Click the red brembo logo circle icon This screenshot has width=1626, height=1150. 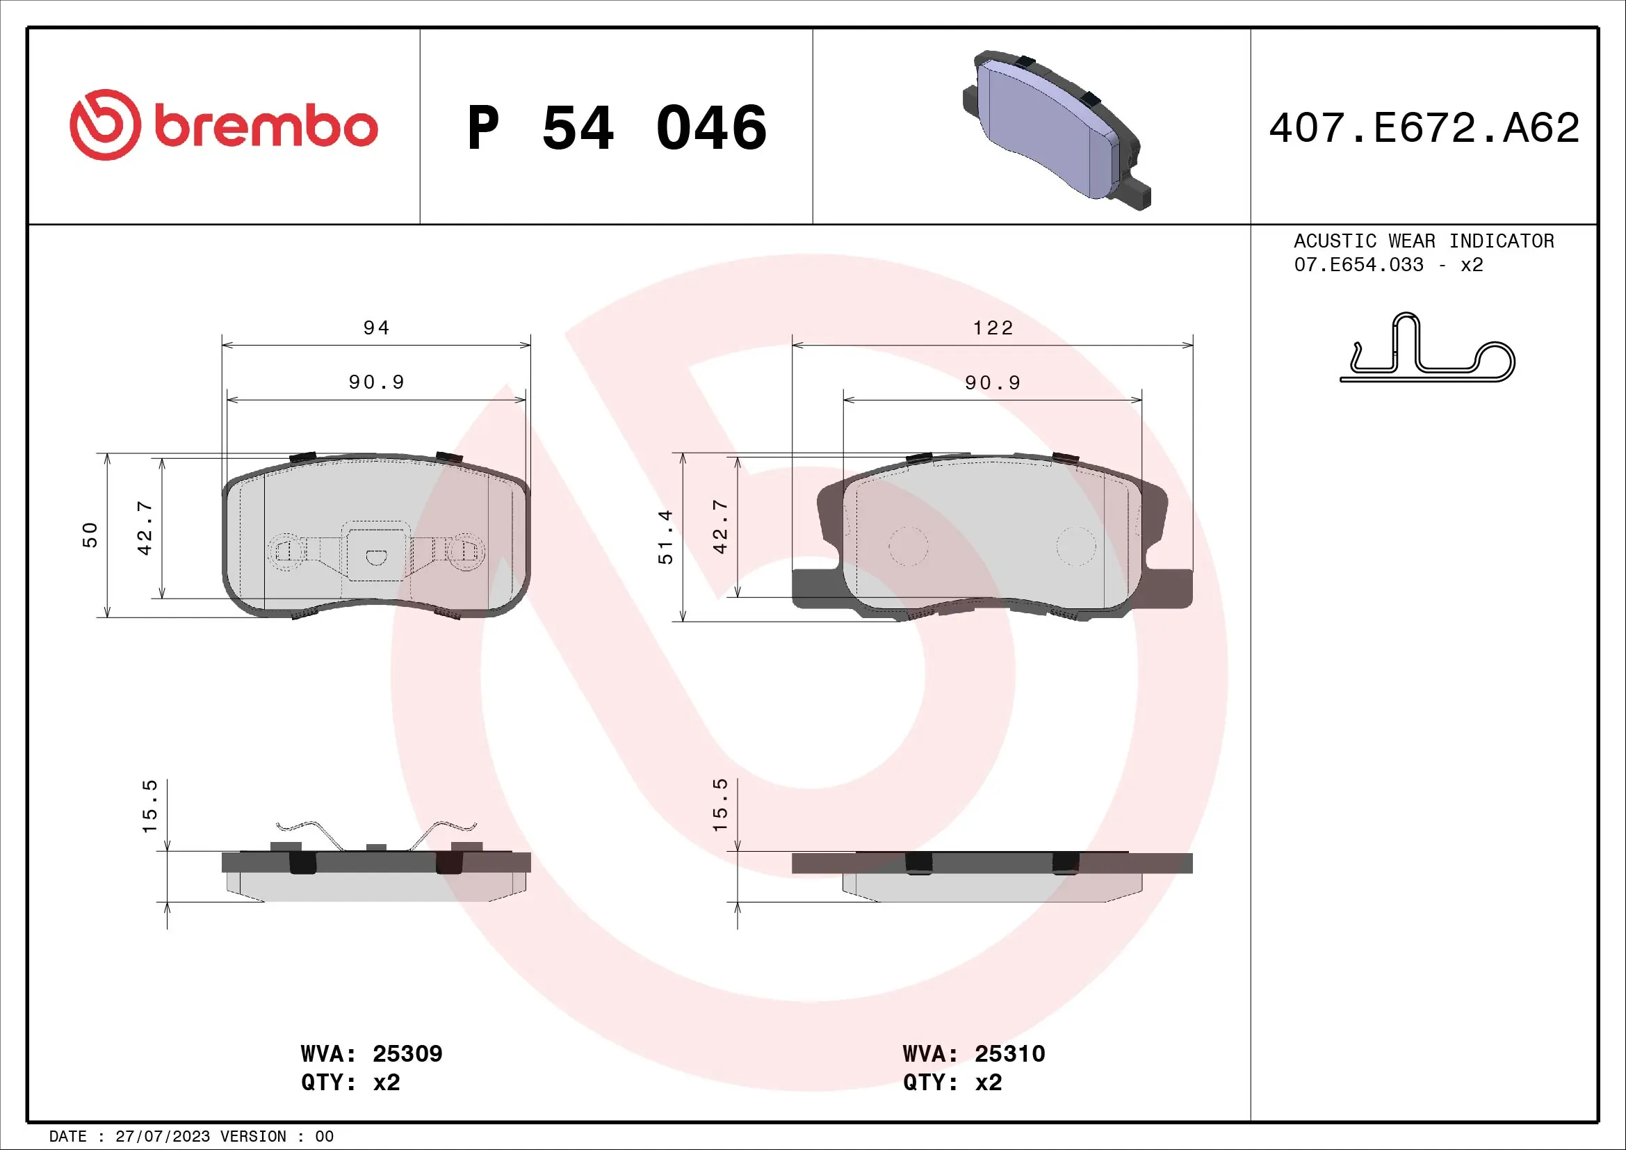pyautogui.click(x=105, y=125)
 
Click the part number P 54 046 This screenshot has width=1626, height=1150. pyautogui.click(x=616, y=128)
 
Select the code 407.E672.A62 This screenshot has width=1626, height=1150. pyautogui.click(x=1424, y=128)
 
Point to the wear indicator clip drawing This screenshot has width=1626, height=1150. pyautogui.click(x=1427, y=350)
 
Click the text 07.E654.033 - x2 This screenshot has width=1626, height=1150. pyautogui.click(x=1388, y=265)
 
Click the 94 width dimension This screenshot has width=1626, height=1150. pyautogui.click(x=376, y=328)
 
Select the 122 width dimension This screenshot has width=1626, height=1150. pyautogui.click(x=993, y=328)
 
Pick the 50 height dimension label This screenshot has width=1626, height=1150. pyautogui.click(x=90, y=535)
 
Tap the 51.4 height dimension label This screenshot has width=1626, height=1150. pyautogui.click(x=666, y=537)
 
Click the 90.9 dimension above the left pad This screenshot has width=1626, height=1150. pyautogui.click(x=376, y=382)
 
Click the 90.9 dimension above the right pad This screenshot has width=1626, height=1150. pyautogui.click(x=993, y=383)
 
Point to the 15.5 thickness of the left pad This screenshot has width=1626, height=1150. pyautogui.click(x=149, y=806)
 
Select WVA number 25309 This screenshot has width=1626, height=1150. pyautogui.click(x=407, y=1053)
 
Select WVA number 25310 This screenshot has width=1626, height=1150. pyautogui.click(x=1009, y=1053)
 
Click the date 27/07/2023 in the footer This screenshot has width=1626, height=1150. pyautogui.click(x=162, y=1137)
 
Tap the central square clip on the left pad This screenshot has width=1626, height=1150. pyautogui.click(x=376, y=551)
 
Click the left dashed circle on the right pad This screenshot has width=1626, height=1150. pyautogui.click(x=908, y=546)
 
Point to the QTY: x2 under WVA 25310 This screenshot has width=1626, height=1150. pyautogui.click(x=952, y=1083)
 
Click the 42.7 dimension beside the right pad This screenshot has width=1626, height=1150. pyautogui.click(x=720, y=527)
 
